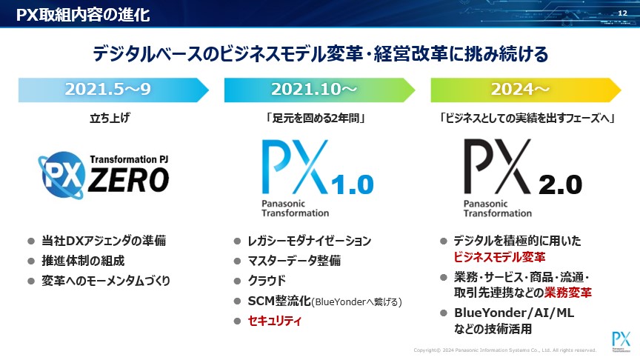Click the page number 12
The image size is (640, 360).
(622, 13)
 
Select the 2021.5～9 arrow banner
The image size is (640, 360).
(113, 90)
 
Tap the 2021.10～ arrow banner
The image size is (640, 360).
(319, 90)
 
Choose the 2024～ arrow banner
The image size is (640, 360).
(526, 90)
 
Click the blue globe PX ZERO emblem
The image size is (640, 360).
(62, 176)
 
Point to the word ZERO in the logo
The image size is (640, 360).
(129, 180)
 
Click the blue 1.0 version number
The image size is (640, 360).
(353, 184)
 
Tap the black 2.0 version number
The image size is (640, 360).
(561, 185)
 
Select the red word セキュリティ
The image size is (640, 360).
(274, 321)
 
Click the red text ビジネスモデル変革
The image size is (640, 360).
(499, 257)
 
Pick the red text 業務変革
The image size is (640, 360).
(567, 293)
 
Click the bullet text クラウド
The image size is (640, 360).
(267, 281)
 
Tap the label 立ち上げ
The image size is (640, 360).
(110, 118)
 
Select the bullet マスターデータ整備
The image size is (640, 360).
(294, 261)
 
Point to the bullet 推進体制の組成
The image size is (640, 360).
(83, 261)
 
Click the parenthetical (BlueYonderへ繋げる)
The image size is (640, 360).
(357, 302)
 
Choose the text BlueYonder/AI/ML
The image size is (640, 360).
(514, 313)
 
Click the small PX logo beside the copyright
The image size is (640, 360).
(621, 341)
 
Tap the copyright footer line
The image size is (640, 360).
(505, 350)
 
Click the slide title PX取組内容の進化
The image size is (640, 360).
(83, 15)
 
